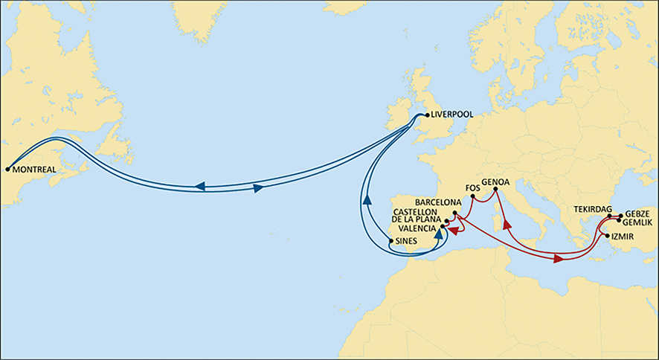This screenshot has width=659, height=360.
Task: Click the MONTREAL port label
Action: (x=35, y=170)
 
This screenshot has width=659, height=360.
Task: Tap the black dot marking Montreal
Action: (x=7, y=169)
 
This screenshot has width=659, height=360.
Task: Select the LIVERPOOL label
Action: (x=452, y=115)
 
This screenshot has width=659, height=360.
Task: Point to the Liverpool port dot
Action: (x=426, y=115)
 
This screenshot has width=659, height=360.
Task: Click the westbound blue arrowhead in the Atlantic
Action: (x=200, y=186)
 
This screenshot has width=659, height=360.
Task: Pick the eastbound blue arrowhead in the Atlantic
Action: (x=257, y=189)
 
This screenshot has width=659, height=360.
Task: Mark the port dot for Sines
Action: (x=391, y=241)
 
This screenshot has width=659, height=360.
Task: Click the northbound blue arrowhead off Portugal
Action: (x=366, y=199)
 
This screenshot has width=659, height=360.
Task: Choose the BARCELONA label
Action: (x=439, y=202)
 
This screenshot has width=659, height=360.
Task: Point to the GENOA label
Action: (x=495, y=181)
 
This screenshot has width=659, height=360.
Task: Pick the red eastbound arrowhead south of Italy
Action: (x=558, y=259)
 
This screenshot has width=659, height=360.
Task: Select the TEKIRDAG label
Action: (x=592, y=209)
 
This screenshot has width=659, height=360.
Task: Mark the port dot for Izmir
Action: (x=608, y=236)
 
